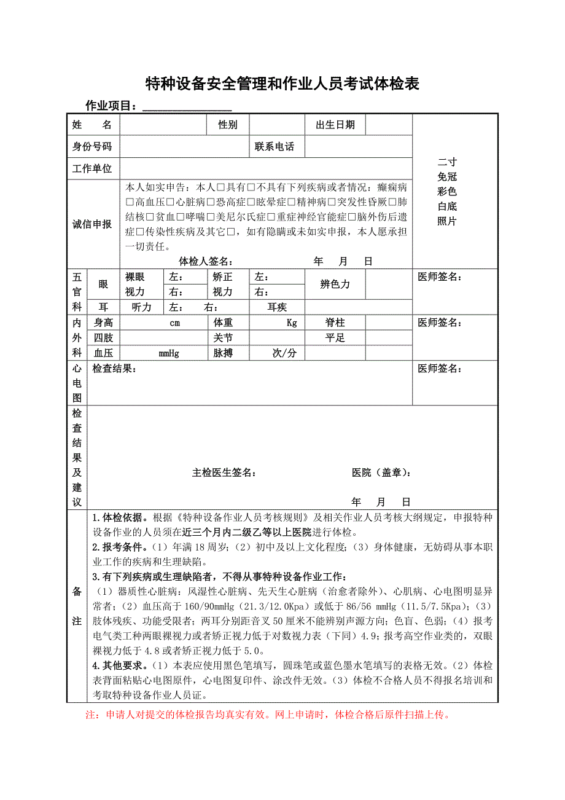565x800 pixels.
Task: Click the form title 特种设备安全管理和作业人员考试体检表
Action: point(282,84)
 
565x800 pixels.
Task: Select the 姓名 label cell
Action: point(93,125)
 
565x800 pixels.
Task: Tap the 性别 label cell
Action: point(228,125)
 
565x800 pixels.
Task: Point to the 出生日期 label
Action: point(335,125)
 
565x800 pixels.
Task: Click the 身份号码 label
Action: point(93,146)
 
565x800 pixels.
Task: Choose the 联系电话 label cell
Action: point(275,147)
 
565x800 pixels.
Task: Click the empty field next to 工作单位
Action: point(265,168)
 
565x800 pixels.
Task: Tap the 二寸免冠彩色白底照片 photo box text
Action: point(447,191)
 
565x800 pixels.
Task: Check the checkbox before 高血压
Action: point(130,202)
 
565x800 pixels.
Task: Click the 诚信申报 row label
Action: point(93,224)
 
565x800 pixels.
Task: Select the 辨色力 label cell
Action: point(335,284)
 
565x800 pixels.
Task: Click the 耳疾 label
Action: point(277,307)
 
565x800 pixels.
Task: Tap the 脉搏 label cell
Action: point(223,353)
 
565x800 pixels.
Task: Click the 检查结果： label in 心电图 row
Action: point(114,369)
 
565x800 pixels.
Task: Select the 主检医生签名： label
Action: point(224,473)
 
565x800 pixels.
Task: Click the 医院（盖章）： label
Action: point(381,473)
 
